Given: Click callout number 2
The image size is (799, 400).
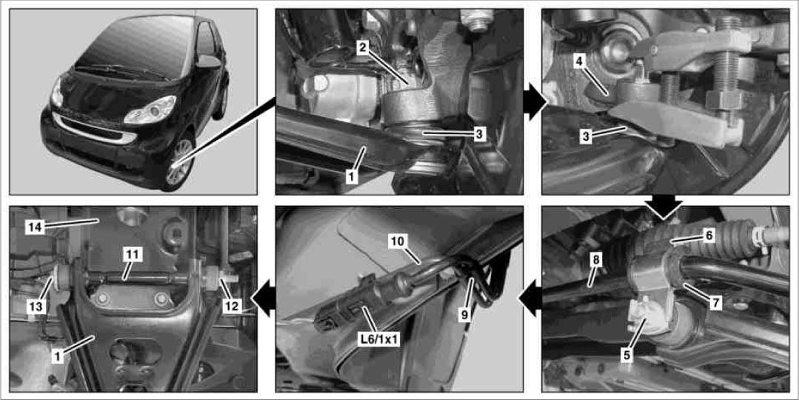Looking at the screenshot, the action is click(x=362, y=48).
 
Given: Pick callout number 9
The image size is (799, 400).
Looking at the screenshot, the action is click(x=464, y=314).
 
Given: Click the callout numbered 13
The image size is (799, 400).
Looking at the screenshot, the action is click(x=37, y=307).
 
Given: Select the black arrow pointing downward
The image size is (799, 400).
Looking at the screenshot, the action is click(x=663, y=205).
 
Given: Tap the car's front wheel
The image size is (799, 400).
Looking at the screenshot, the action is click(x=180, y=164).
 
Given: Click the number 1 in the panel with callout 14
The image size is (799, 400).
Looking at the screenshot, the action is click(x=58, y=357).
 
